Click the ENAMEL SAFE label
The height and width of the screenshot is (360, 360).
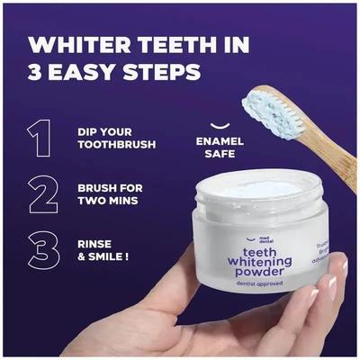click(215, 148)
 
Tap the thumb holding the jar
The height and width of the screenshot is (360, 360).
click(207, 310)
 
